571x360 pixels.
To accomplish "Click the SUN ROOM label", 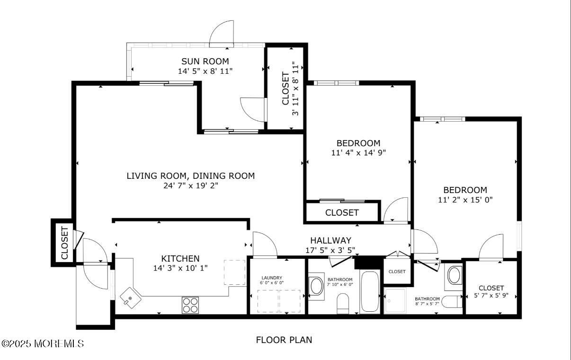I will [205, 61].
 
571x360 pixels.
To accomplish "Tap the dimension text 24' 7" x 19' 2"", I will [190, 185].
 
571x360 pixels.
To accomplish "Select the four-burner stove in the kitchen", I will [190, 305].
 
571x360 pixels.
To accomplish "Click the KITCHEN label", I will [180, 258].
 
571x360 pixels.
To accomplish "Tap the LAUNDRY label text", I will [272, 278].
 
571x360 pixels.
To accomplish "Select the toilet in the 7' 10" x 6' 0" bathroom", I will [343, 303].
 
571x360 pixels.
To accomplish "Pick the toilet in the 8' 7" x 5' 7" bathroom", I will [454, 302].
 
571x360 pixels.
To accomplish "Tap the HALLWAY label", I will [330, 240].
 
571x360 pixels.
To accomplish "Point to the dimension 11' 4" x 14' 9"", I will [358, 153].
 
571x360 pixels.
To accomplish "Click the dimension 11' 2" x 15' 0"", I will [465, 200].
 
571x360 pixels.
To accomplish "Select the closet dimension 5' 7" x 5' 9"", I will [491, 296].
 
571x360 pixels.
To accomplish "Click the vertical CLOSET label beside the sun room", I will [285, 88].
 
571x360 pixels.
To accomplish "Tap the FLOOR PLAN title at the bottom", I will [284, 340].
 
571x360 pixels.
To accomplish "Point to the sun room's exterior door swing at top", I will [223, 34].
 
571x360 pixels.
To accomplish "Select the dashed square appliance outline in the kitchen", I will [232, 272].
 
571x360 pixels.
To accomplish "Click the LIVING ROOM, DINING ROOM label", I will [190, 176].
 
